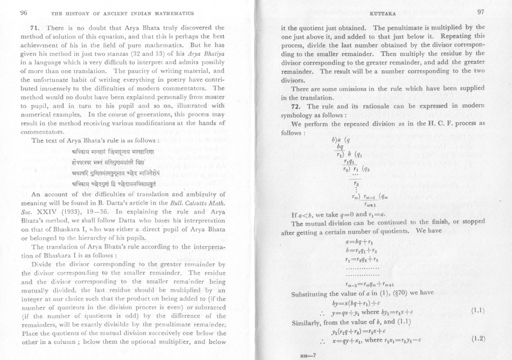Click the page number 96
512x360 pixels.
pos(24,13)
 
